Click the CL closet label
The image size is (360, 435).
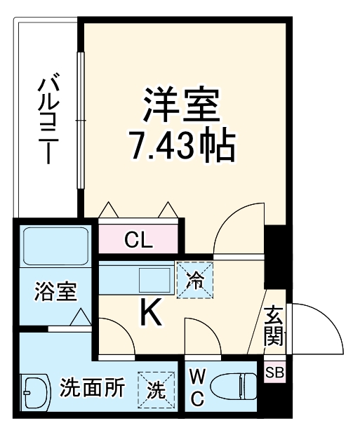click(x=138, y=241)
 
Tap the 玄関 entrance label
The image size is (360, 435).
click(x=274, y=326)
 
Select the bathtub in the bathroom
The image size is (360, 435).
click(x=53, y=246)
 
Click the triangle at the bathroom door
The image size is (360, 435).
click(x=81, y=319)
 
